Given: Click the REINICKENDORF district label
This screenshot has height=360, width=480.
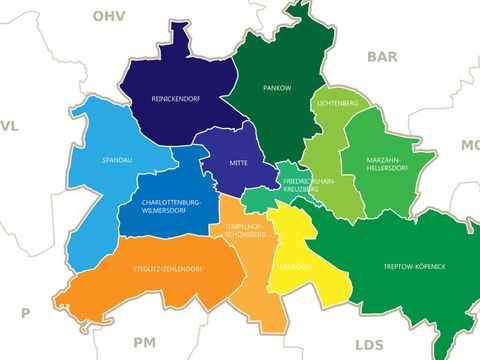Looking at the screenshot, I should pyautogui.click(x=177, y=99).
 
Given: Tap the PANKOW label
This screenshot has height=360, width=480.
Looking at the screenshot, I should pyautogui.click(x=277, y=88).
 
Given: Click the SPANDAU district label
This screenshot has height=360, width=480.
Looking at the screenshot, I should pyautogui.click(x=117, y=159).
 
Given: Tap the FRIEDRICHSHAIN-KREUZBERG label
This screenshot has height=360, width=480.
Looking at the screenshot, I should pyautogui.click(x=310, y=185).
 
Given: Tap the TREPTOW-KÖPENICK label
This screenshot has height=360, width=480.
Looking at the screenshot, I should pyautogui.click(x=414, y=267).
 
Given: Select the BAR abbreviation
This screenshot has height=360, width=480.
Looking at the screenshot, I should pyautogui.click(x=382, y=56).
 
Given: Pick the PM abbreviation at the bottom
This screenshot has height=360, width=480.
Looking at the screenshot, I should pyautogui.click(x=144, y=342).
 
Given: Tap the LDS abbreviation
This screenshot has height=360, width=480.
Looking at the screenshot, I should pyautogui.click(x=368, y=344).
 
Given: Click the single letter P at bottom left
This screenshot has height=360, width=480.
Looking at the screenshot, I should pyautogui.click(x=26, y=313).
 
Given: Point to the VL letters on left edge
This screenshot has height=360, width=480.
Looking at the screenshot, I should pyautogui.click(x=9, y=126).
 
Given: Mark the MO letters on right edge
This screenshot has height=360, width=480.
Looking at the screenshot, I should pyautogui.click(x=470, y=146).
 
